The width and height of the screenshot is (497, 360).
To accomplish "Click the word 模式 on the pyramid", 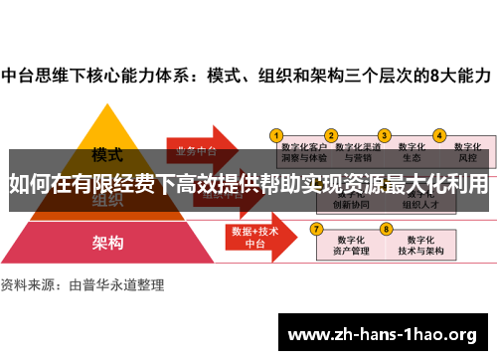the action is point(106,155).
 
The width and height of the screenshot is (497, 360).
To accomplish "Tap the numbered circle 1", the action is point(277,134).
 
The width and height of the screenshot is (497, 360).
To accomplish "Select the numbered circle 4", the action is point(438,134).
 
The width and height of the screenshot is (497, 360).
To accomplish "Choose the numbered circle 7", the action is point(317,228).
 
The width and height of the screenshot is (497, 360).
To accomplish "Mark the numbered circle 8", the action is point(385,228).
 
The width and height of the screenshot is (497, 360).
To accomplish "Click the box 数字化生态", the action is point(411,150).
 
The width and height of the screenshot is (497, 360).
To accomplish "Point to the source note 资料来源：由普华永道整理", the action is point(83,284).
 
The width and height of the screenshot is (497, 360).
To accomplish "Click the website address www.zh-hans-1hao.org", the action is point(382,333).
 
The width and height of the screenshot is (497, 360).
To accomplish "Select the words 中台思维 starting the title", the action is point(36,75).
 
